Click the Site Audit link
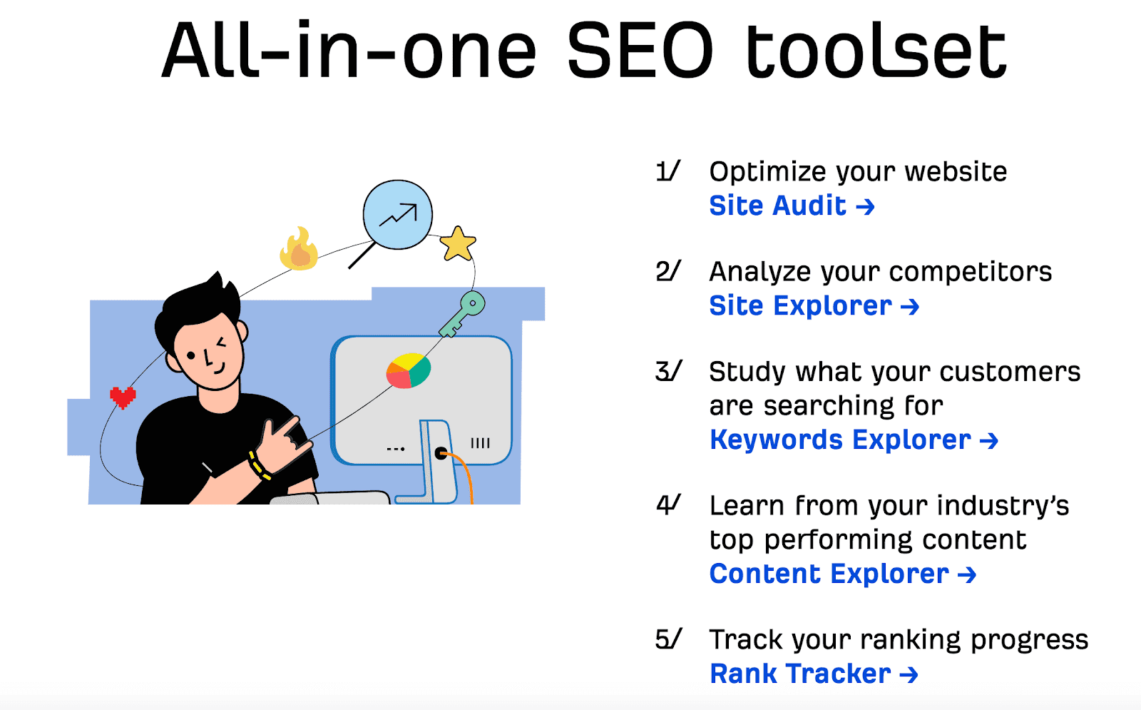click(x=792, y=206)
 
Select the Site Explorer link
click(x=814, y=306)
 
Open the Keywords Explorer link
click(x=854, y=440)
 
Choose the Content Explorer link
click(x=843, y=574)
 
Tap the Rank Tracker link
click(x=814, y=674)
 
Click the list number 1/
click(x=667, y=171)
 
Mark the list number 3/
click(x=667, y=371)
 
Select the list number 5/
click(x=667, y=639)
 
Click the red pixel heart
click(x=123, y=397)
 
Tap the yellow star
click(x=457, y=243)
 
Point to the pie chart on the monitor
click(x=409, y=370)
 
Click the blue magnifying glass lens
click(x=398, y=215)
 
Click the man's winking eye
click(x=222, y=343)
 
